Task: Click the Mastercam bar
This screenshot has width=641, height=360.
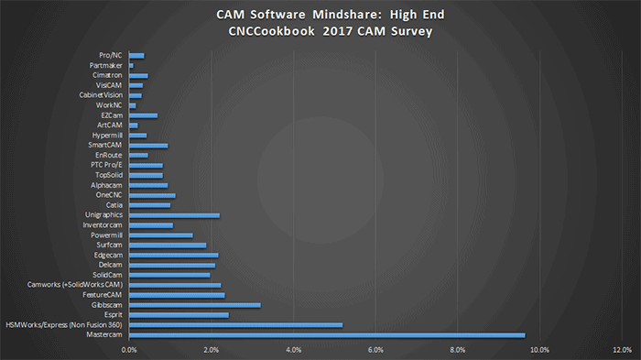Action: tap(327, 334)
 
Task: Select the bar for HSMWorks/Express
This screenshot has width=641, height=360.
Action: tap(236, 324)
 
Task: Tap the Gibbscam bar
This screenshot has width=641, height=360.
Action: tap(195, 304)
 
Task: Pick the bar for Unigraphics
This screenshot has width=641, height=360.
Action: tap(175, 215)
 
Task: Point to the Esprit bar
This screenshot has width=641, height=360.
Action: tap(179, 314)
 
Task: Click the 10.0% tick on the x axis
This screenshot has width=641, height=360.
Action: tap(539, 350)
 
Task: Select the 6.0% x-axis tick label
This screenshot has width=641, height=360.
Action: tap(375, 350)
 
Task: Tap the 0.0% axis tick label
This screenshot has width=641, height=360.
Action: tap(129, 350)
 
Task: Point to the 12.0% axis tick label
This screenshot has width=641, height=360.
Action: tap(622, 350)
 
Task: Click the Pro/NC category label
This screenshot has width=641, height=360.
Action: tap(111, 56)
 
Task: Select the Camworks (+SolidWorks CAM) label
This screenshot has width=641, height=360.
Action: tap(77, 285)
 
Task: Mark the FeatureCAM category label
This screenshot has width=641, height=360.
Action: tap(103, 295)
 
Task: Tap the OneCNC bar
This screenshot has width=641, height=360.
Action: tap(152, 195)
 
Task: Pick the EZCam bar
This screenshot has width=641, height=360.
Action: tap(144, 115)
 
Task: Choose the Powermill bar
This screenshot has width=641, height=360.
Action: tap(161, 235)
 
